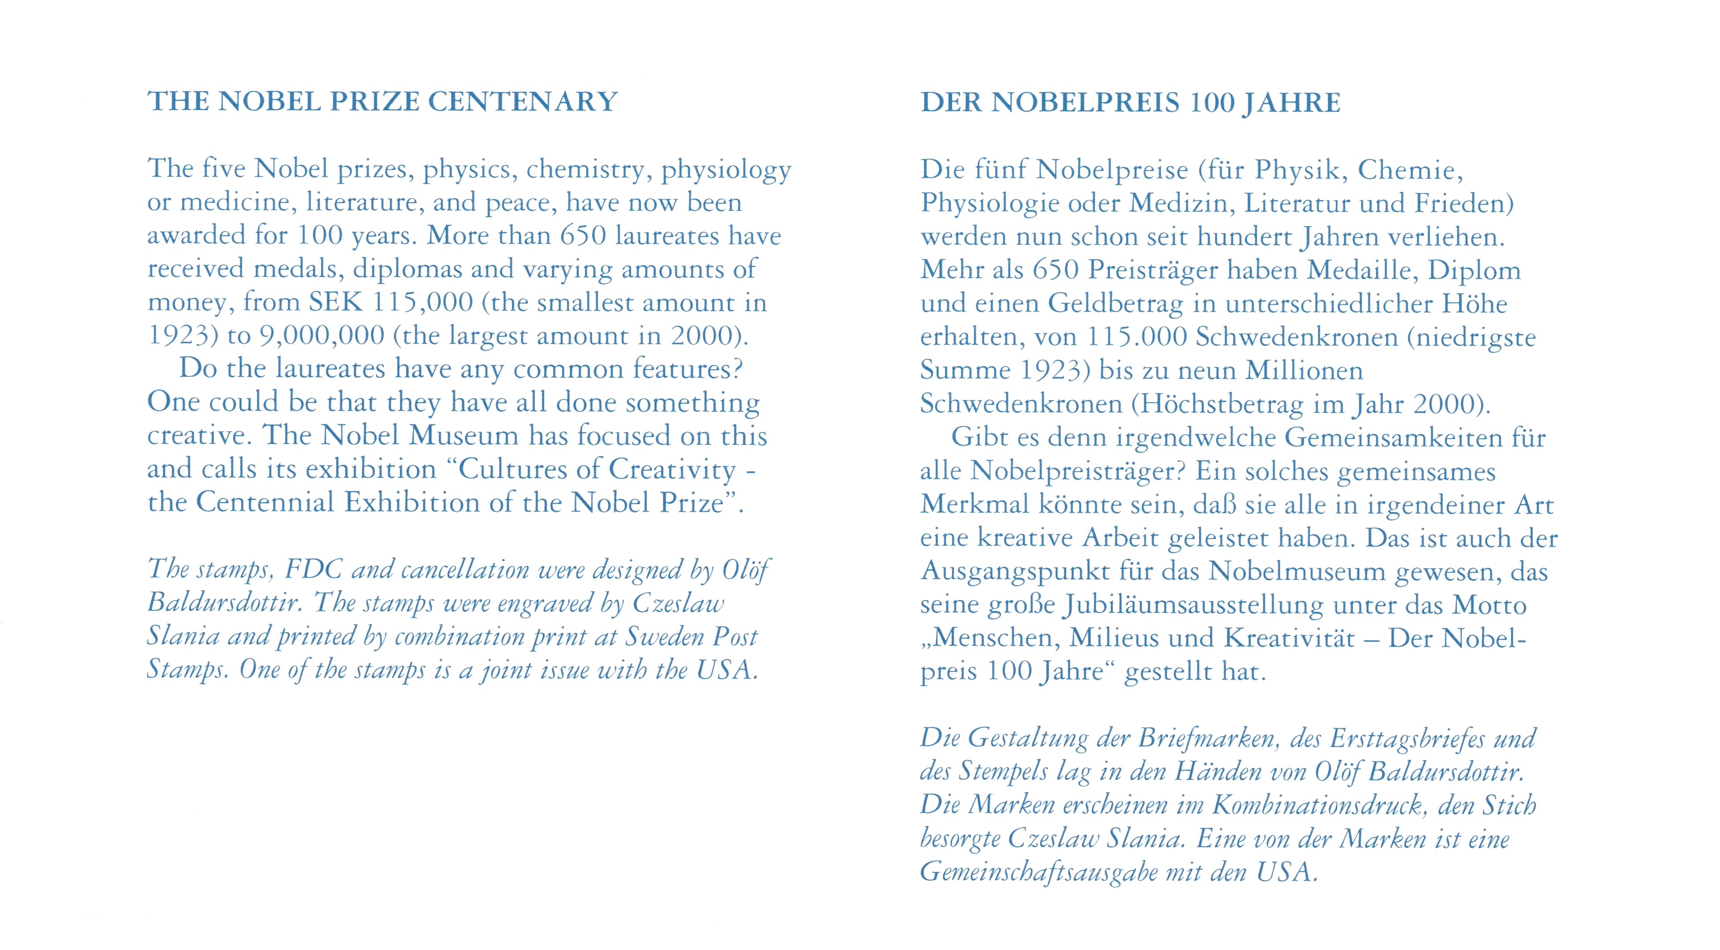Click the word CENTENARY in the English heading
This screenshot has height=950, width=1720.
coord(523,102)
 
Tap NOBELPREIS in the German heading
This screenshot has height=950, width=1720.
coord(1085,103)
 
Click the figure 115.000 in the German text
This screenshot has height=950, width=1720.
coord(1137,337)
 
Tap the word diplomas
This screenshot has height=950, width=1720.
coord(407,269)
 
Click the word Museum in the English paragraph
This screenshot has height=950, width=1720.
coord(464,435)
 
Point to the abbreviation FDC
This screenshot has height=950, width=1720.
coord(314,569)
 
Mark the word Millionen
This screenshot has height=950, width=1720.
coord(1304,370)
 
